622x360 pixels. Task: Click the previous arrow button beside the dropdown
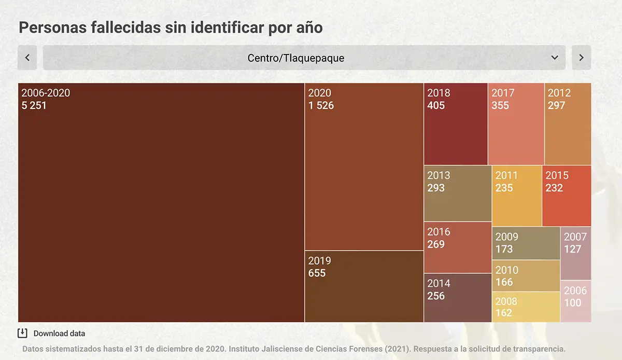[27, 58]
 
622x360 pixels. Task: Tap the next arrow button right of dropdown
[581, 58]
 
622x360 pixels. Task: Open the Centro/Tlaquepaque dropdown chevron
[555, 58]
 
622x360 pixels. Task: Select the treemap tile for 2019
[364, 286]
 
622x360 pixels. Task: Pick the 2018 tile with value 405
[456, 124]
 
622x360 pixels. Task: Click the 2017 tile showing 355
[516, 124]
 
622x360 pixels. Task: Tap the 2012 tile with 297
[568, 124]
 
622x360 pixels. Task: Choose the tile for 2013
[458, 193]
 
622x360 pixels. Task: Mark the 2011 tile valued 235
[517, 196]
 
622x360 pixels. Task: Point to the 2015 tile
[567, 196]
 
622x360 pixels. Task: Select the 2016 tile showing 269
[458, 247]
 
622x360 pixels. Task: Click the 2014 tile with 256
[458, 298]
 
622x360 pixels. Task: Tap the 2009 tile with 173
[526, 243]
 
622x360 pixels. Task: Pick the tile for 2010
[526, 276]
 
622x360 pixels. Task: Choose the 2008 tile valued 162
[526, 307]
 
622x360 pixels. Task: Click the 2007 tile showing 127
[576, 254]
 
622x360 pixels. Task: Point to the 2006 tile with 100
[576, 301]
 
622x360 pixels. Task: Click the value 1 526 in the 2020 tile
[321, 106]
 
